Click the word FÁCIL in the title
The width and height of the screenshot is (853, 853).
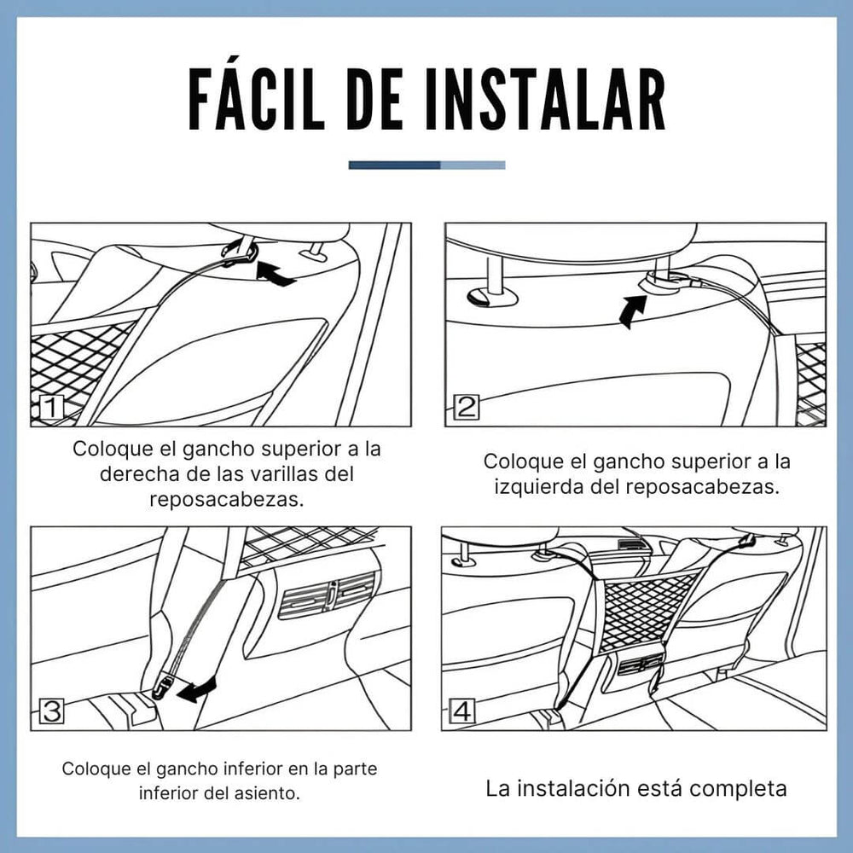tap(256, 99)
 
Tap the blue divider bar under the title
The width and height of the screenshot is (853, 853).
tap(426, 165)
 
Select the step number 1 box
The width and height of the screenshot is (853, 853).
tap(52, 408)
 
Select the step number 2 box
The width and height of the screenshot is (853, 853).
tap(467, 407)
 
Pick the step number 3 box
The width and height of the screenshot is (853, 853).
tap(52, 711)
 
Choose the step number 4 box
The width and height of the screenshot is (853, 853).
tap(462, 711)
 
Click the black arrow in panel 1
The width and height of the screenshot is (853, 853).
tap(275, 274)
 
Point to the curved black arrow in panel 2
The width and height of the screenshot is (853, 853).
tap(633, 310)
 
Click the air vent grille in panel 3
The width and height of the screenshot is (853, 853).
tap(327, 595)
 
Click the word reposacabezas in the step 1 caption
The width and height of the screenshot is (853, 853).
tap(227, 499)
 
